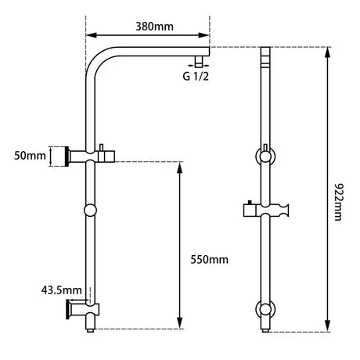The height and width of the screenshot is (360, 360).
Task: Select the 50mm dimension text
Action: (31, 157)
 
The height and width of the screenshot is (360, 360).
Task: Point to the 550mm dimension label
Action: (210, 259)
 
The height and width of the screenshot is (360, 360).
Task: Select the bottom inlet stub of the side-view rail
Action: (92, 329)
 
